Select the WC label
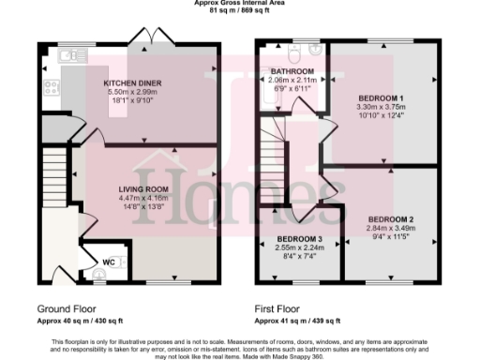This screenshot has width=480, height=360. (x=109, y=260)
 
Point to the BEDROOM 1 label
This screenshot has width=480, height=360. (x=382, y=97)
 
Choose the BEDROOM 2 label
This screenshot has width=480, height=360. (x=392, y=219)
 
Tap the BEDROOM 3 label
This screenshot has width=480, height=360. (x=299, y=238)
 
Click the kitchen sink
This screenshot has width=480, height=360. (x=67, y=57)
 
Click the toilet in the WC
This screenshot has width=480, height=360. (x=101, y=274)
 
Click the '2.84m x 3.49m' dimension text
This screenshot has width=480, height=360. (x=392, y=229)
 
